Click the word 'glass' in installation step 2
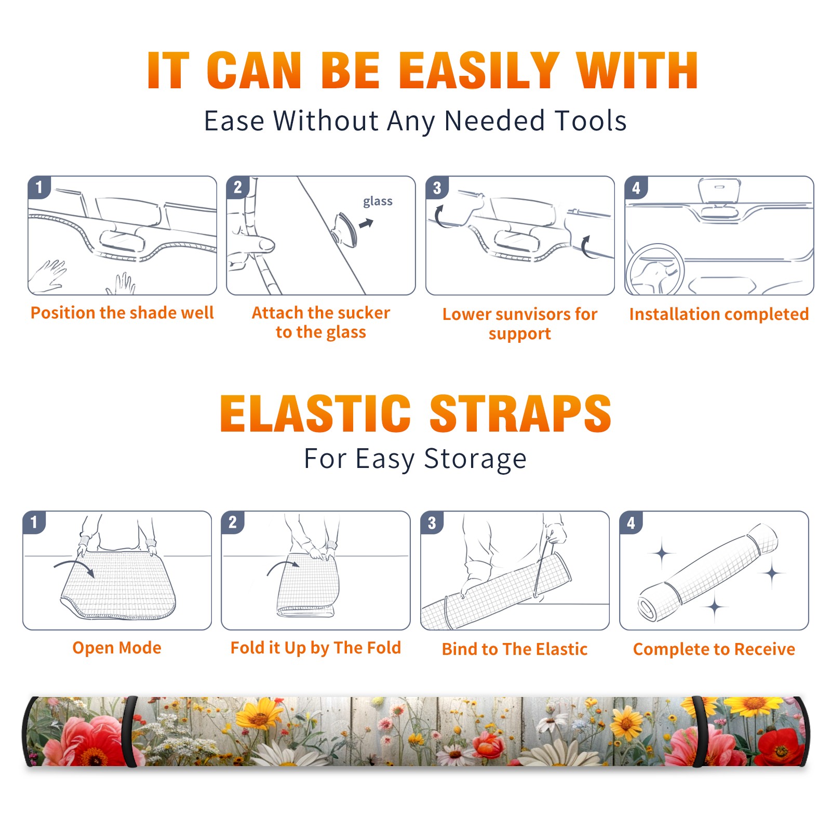pyautogui.click(x=378, y=202)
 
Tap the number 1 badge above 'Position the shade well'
pyautogui.click(x=39, y=187)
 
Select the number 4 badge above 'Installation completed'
pyautogui.click(x=636, y=187)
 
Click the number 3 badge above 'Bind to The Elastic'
pyautogui.click(x=432, y=522)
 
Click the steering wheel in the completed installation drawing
pyautogui.click(x=655, y=270)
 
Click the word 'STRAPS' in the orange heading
pyautogui.click(x=520, y=413)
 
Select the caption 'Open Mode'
pyautogui.click(x=117, y=648)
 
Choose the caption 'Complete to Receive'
pyautogui.click(x=714, y=649)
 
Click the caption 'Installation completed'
pyautogui.click(x=719, y=314)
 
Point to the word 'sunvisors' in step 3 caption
pyautogui.click(x=531, y=314)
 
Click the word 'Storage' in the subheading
pyautogui.click(x=475, y=459)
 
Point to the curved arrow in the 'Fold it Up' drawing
pyautogui.click(x=284, y=566)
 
